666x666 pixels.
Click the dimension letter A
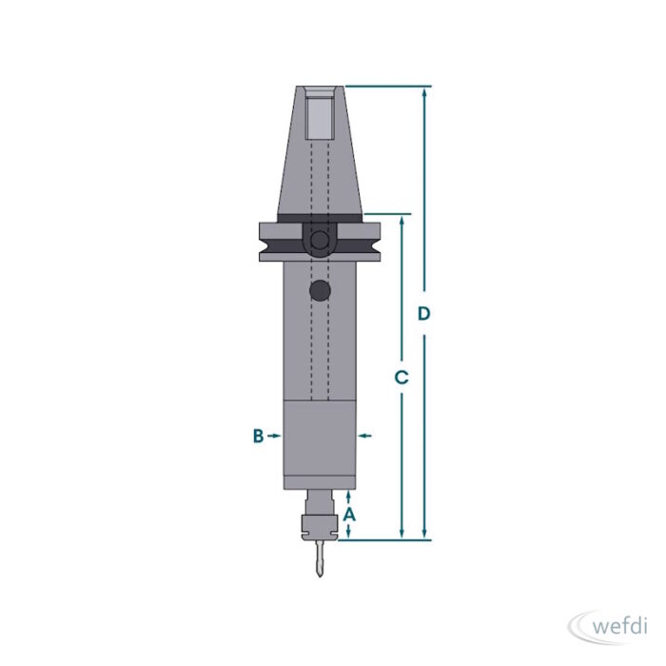point(349,515)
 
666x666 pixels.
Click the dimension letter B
point(258,436)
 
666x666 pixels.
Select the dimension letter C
point(402,377)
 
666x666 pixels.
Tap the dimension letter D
point(424,313)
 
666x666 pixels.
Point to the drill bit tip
point(320,577)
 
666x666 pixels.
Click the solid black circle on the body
point(320,290)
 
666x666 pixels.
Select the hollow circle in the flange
point(320,240)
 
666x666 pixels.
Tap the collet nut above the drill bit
point(319,528)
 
